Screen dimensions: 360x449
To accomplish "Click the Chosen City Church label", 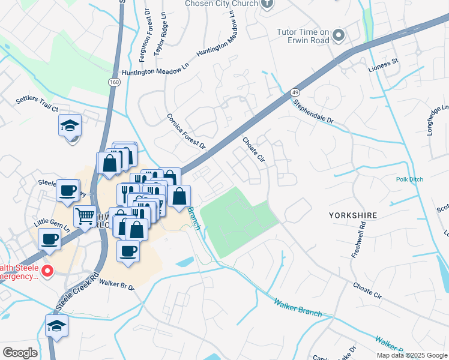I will click(x=222, y=4).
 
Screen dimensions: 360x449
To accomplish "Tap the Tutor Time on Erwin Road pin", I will click(x=339, y=36).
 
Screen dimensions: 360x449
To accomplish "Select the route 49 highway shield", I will click(x=294, y=92).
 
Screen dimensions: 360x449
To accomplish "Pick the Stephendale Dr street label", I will click(x=313, y=111).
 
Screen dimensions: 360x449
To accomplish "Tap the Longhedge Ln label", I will click(x=436, y=120).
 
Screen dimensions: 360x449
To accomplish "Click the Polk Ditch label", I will click(x=409, y=179).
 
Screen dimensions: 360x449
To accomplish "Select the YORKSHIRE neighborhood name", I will click(x=352, y=214).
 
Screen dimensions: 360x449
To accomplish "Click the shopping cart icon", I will click(x=85, y=215).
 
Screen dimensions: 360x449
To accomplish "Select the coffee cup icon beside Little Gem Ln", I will click(x=49, y=238).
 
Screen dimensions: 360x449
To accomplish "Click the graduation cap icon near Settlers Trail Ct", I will click(x=70, y=125).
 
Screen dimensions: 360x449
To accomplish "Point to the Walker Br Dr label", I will click(x=117, y=283).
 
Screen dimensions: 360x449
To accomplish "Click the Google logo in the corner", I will click(x=20, y=353).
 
